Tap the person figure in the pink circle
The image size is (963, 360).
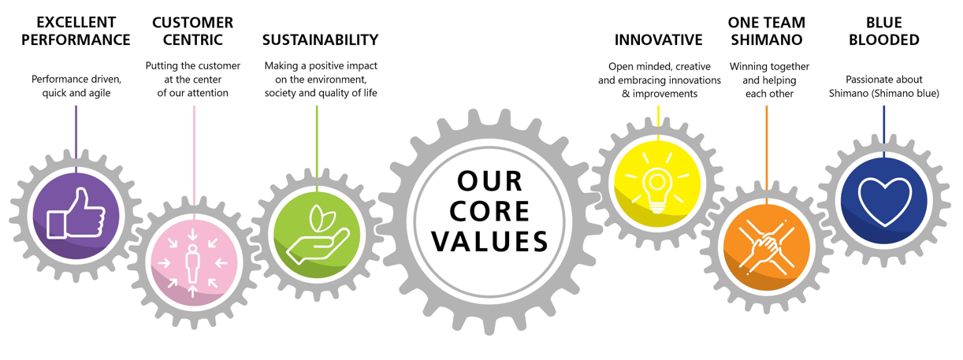click(192, 263)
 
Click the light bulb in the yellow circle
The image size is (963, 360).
click(657, 188)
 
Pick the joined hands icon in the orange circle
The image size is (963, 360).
click(767, 248)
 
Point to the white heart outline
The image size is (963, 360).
click(885, 201)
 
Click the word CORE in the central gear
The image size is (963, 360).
click(489, 211)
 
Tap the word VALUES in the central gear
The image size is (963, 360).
click(489, 241)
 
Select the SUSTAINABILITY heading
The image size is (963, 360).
click(320, 39)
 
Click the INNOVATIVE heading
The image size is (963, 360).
click(658, 39)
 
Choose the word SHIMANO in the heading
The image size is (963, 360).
click(767, 39)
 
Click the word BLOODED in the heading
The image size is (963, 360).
click(884, 39)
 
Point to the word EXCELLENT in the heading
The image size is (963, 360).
click(76, 22)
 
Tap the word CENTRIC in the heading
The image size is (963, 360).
click(192, 39)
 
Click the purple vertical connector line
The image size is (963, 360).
click(76, 139)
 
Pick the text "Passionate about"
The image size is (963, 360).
click(884, 80)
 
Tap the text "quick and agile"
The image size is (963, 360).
click(76, 93)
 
